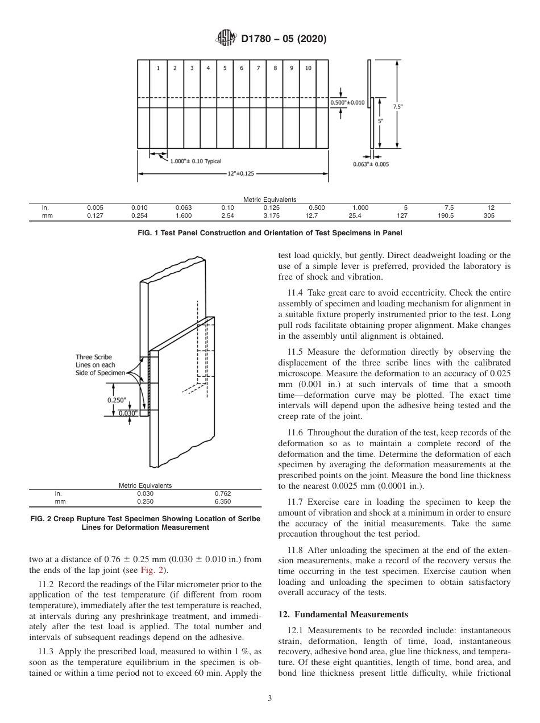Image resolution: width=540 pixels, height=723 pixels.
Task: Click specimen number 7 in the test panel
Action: pos(258,68)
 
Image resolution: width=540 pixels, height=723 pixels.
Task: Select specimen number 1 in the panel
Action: pos(158,68)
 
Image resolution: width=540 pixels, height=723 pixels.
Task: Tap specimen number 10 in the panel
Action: pos(308,68)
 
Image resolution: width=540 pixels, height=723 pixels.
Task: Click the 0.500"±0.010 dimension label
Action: pos(347,103)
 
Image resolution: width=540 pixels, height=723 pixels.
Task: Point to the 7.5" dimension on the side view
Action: pos(397,106)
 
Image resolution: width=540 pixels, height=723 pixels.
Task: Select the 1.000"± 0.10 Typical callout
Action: pos(196,161)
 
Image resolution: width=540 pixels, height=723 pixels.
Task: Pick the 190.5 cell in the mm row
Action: pos(448,216)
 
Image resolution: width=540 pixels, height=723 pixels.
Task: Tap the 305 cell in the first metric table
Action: pos(489,216)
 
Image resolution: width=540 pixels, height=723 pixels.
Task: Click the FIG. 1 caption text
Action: pos(269,232)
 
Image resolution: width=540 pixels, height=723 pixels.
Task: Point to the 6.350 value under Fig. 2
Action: pos(223,502)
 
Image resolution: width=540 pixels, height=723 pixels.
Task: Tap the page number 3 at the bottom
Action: pos(269,699)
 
